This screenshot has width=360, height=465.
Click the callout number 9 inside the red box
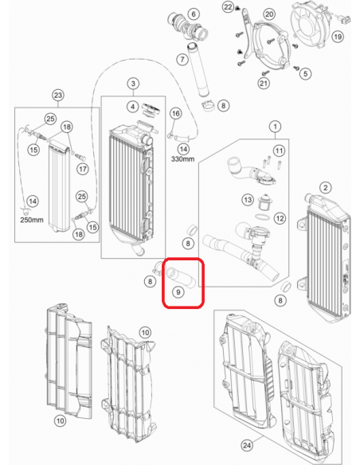pyautogui.click(x=178, y=292)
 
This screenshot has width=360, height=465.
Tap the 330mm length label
pyautogui.click(x=182, y=159)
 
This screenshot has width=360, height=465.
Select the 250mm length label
pyautogui.click(x=32, y=220)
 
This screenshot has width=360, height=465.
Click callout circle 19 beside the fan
pyautogui.click(x=338, y=37)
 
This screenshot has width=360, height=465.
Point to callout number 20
pyautogui.click(x=269, y=14)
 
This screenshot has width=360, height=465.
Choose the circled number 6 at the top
pyautogui.click(x=194, y=14)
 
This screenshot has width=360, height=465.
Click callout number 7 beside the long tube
pyautogui.click(x=182, y=59)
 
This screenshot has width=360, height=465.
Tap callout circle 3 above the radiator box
pyautogui.click(x=133, y=84)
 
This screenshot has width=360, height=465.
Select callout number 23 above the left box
pyautogui.click(x=58, y=96)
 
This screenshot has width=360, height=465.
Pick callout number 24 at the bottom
pyautogui.click(x=247, y=445)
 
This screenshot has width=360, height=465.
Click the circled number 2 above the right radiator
pyautogui.click(x=326, y=187)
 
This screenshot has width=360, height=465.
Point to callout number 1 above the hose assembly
pyautogui.click(x=276, y=127)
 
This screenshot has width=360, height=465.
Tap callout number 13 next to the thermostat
pyautogui.click(x=248, y=200)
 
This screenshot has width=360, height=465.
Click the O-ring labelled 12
pyautogui.click(x=263, y=217)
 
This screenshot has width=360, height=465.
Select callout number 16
pyautogui.click(x=176, y=113)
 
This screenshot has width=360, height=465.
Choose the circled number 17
pyautogui.click(x=83, y=169)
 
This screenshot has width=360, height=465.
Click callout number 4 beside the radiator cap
pyautogui.click(x=133, y=107)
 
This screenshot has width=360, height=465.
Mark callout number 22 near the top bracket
pyautogui.click(x=228, y=7)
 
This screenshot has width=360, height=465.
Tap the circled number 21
pyautogui.click(x=264, y=84)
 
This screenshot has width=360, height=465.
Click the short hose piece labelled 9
pyautogui.click(x=180, y=277)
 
